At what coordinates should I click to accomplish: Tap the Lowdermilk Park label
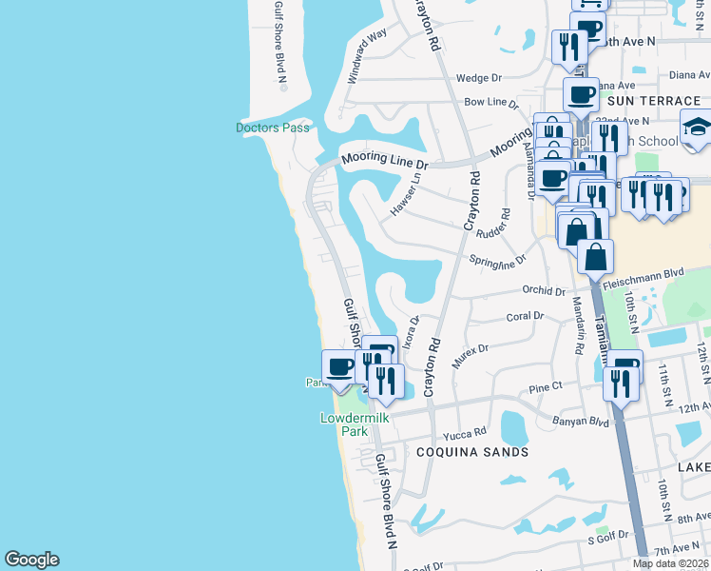342,424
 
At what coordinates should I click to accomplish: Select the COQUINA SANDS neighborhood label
472,452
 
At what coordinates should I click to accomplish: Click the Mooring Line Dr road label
385,159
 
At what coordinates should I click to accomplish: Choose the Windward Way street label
367,57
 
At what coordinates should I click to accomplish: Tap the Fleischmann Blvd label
647,272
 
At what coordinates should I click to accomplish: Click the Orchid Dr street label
544,291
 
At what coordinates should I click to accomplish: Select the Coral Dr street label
525,316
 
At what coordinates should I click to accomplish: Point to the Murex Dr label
470,349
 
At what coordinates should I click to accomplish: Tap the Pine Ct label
546,387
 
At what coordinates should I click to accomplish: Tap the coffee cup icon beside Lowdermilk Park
340,367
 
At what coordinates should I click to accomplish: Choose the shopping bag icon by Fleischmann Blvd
595,256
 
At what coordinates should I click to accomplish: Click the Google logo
31,560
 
